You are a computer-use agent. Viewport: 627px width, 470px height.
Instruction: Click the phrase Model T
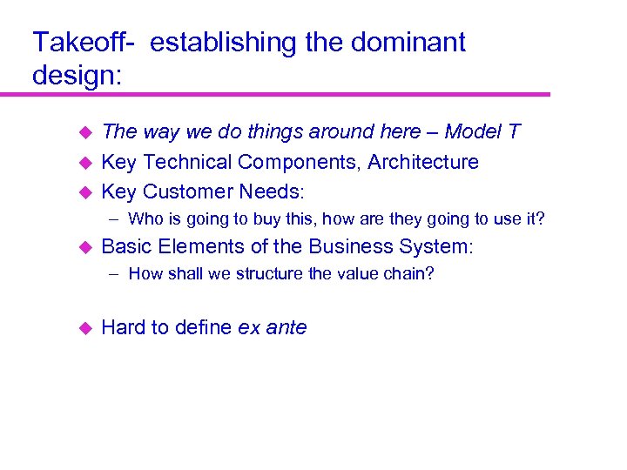[x=482, y=132]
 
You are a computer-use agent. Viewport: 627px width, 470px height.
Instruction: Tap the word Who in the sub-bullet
[x=145, y=219]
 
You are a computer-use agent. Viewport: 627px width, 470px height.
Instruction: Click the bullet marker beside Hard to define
[x=85, y=328]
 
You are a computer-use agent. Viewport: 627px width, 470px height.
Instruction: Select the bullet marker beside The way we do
[x=85, y=133]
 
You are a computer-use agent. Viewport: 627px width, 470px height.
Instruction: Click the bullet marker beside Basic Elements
[x=85, y=247]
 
